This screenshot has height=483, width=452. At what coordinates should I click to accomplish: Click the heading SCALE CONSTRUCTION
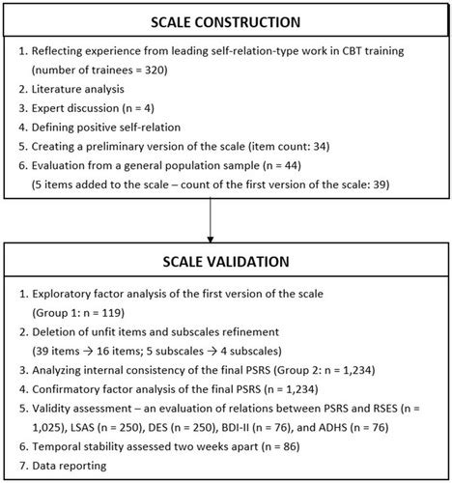pyautogui.click(x=225, y=22)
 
